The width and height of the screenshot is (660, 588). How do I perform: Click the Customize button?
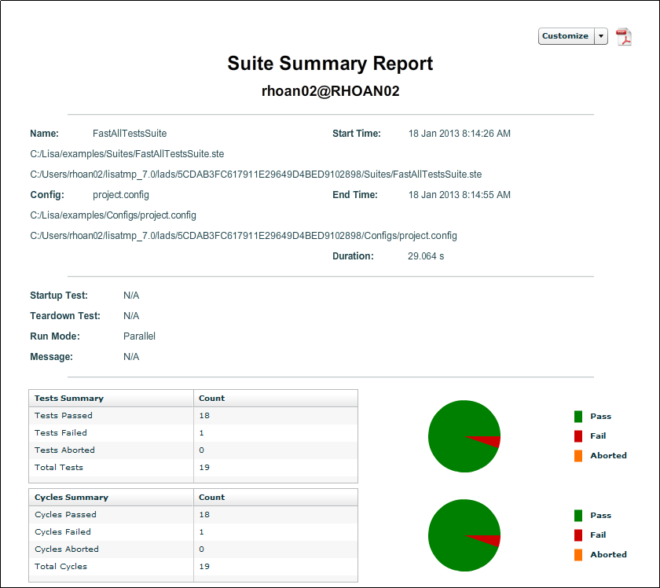click(565, 36)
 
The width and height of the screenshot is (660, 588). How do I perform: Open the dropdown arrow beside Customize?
click(601, 36)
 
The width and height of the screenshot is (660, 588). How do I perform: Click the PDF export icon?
click(624, 37)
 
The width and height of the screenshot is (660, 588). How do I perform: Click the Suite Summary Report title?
click(330, 64)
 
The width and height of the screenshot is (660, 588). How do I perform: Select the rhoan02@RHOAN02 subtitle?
click(330, 91)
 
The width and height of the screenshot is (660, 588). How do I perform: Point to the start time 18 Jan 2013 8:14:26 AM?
click(459, 134)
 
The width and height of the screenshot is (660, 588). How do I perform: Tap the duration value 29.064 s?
click(426, 256)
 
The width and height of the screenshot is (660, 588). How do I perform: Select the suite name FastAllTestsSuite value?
click(129, 134)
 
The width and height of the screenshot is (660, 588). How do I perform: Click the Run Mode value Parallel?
click(139, 336)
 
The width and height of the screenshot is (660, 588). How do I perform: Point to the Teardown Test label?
click(65, 316)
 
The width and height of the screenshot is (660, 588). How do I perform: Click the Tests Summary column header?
click(69, 399)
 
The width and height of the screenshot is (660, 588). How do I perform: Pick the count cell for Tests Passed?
click(204, 416)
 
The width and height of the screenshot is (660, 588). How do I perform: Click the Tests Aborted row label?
click(64, 450)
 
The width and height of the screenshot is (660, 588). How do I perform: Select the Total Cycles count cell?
click(204, 567)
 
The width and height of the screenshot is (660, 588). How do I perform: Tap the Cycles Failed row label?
click(61, 532)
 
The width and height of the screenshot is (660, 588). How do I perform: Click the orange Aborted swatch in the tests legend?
click(578, 456)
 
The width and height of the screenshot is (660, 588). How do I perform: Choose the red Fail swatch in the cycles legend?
click(578, 535)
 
